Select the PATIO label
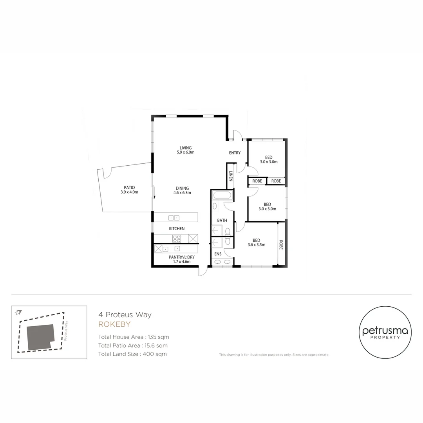tap(129, 188)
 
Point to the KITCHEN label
tap(177, 229)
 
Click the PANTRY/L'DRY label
tap(182, 257)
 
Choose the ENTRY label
tap(235, 153)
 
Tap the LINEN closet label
tap(231, 176)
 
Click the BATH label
tap(222, 221)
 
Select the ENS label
tap(218, 254)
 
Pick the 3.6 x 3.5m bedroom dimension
tap(257, 245)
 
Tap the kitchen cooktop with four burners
tap(177, 239)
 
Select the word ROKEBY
tap(114, 324)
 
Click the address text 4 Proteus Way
tap(125, 315)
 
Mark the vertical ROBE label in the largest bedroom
tap(281, 245)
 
